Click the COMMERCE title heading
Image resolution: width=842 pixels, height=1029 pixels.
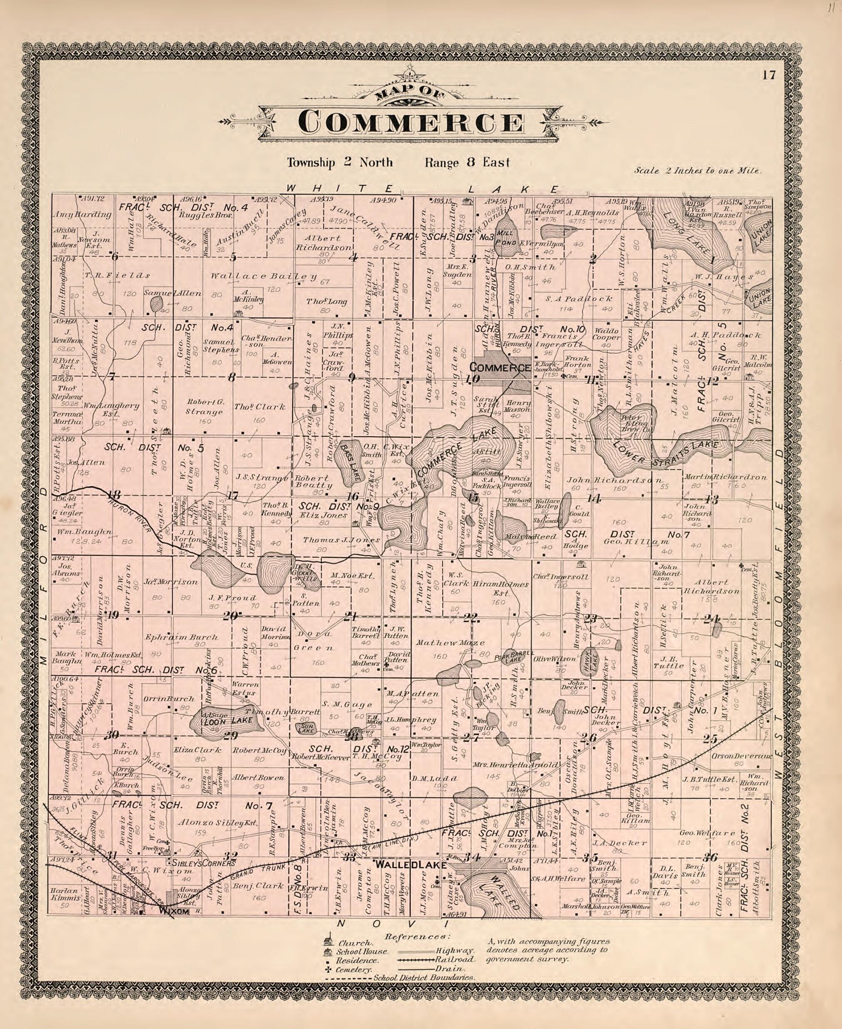411,122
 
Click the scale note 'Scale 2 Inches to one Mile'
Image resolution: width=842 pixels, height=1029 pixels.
698,171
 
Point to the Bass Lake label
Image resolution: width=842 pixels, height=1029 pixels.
350,461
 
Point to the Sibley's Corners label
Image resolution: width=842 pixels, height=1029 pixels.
200,863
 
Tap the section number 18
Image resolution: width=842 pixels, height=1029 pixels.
114,495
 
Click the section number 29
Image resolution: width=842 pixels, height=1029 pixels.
230,735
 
